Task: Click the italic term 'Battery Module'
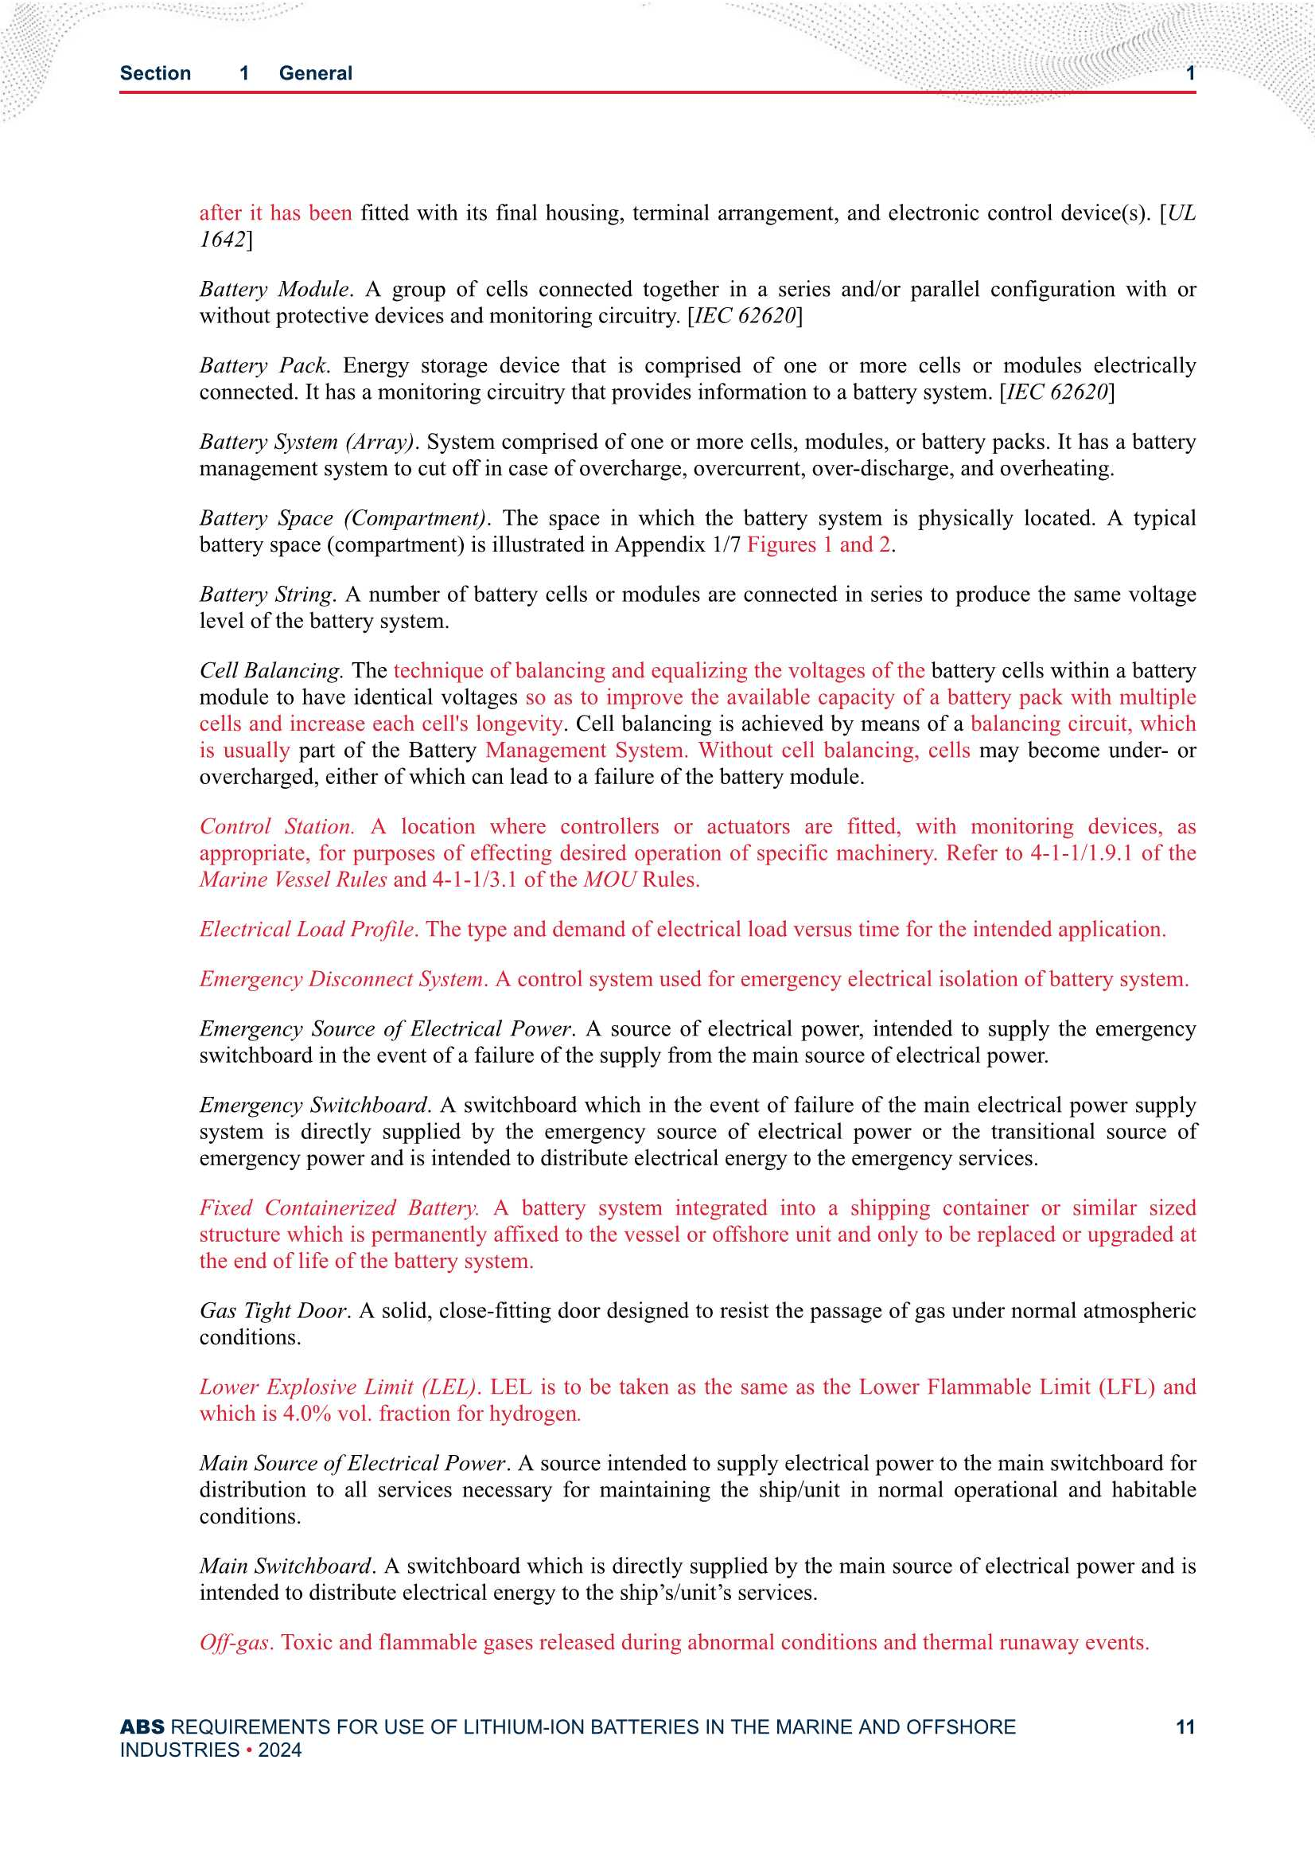(x=274, y=290)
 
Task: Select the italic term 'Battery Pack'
(x=263, y=365)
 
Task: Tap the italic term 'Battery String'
(x=266, y=594)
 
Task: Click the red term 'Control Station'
(x=275, y=826)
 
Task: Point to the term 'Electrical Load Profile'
(x=307, y=929)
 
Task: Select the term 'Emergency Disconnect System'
(x=341, y=978)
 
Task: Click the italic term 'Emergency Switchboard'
(x=313, y=1105)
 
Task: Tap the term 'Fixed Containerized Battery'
(x=339, y=1208)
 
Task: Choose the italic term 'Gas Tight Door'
(x=273, y=1311)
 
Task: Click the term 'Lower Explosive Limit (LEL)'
(x=338, y=1387)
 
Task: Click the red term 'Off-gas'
(x=235, y=1642)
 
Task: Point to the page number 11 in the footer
(x=1185, y=1727)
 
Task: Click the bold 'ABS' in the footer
(x=142, y=1727)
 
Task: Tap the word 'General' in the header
(x=315, y=73)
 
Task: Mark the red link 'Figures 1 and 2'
(x=819, y=544)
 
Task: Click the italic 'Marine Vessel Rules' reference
(x=293, y=880)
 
